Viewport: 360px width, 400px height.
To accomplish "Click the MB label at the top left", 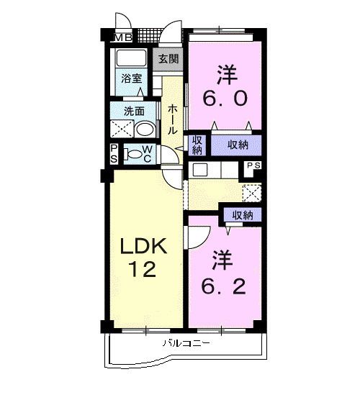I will [x=122, y=38].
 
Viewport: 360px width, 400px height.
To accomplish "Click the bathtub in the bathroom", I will [x=132, y=58].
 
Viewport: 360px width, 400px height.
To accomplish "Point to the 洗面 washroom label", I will [x=134, y=112].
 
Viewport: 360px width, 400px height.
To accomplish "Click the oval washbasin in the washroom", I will [x=145, y=129].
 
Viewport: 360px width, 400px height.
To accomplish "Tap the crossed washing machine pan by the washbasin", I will [x=120, y=129].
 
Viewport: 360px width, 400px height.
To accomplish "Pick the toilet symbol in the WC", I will [x=133, y=153].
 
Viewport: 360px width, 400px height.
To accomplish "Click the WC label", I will [x=146, y=154].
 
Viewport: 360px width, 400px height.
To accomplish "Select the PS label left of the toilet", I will [x=114, y=153].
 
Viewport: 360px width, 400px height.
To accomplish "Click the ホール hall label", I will [x=174, y=120].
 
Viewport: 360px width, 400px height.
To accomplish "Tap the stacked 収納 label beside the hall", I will [x=197, y=145].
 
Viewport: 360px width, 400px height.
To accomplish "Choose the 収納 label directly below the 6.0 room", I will [x=238, y=145].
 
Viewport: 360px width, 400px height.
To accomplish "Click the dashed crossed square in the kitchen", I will [x=252, y=193].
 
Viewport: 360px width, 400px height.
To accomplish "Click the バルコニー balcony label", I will [x=186, y=344].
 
